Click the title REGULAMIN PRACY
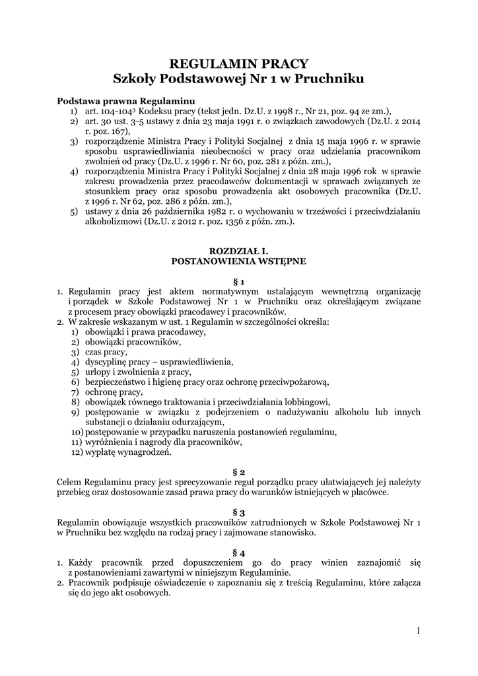239,63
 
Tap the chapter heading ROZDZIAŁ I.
238,252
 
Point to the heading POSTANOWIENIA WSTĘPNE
238,261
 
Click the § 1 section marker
239,281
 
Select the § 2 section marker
239,472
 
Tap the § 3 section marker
239,512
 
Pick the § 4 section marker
239,553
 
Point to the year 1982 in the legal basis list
208,212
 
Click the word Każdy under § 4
82,562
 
